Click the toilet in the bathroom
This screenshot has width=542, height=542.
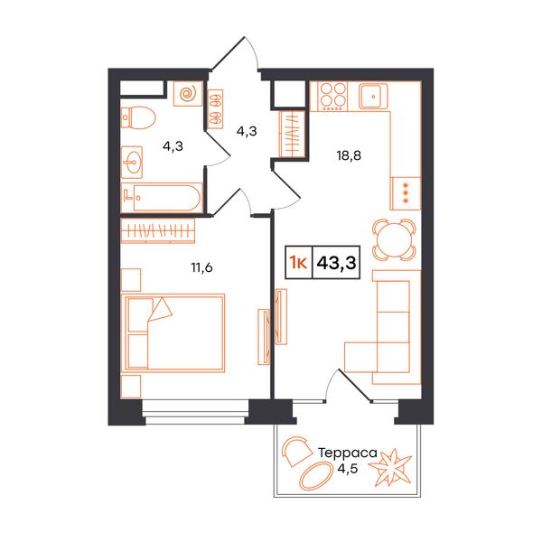(x=138, y=117)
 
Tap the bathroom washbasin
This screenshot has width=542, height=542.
(x=132, y=162)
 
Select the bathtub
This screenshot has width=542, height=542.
(x=162, y=198)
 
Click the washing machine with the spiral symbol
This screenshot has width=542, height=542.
(x=188, y=93)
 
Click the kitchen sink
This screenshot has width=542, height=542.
(x=373, y=96)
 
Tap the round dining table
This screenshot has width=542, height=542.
(x=394, y=239)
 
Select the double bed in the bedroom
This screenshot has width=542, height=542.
(x=175, y=333)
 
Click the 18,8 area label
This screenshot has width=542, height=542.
(x=349, y=155)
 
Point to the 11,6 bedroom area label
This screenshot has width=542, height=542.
(x=201, y=267)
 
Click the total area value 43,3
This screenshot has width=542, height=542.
(x=336, y=263)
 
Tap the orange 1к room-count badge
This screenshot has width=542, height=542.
(x=299, y=263)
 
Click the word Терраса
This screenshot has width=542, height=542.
(x=348, y=453)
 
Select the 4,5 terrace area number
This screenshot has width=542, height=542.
(x=348, y=469)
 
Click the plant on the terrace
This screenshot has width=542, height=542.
(x=390, y=467)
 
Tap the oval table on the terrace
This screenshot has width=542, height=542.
(x=313, y=476)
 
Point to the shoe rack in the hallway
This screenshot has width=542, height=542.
(x=216, y=109)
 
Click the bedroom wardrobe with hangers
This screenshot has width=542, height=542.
(x=158, y=230)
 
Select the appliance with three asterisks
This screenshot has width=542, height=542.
(x=406, y=193)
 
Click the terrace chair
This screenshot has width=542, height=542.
(x=296, y=451)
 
